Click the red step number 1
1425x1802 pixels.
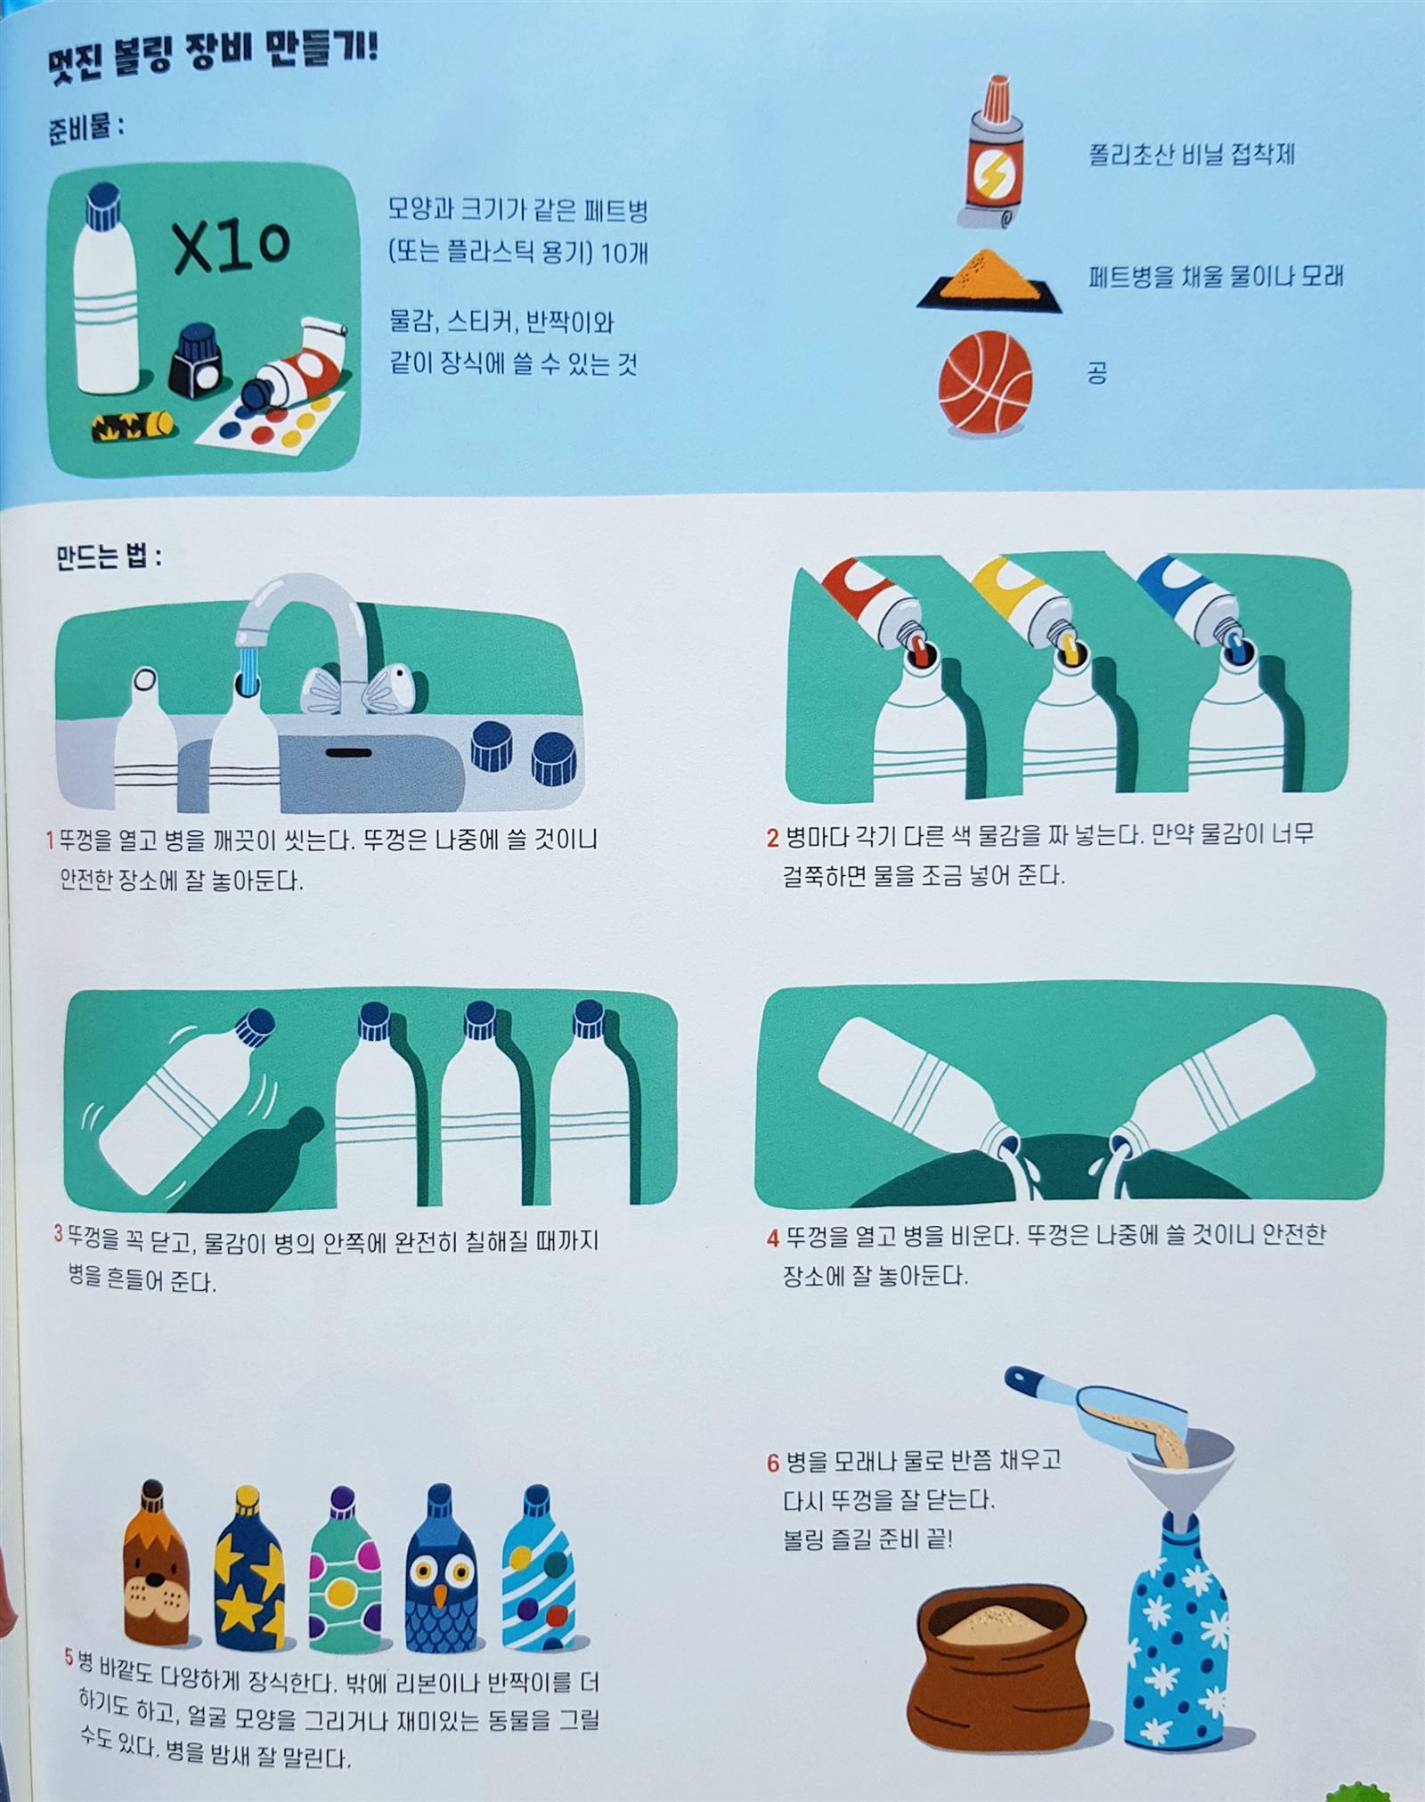[x=50, y=840]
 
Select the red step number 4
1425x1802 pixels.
[x=773, y=1238]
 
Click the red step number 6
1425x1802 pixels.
[x=773, y=1463]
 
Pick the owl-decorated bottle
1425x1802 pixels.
[x=441, y=1567]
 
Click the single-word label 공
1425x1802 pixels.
[x=1097, y=372]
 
